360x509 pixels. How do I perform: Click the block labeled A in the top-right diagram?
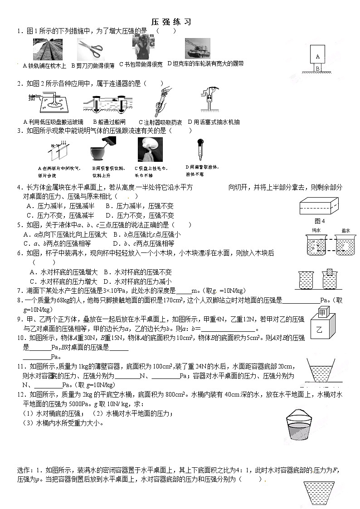[x=318, y=56]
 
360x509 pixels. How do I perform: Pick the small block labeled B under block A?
[x=318, y=68]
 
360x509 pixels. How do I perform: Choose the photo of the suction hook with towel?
[x=150, y=150]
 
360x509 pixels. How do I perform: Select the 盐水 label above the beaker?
[x=345, y=230]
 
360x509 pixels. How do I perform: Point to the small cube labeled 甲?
[x=322, y=312]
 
